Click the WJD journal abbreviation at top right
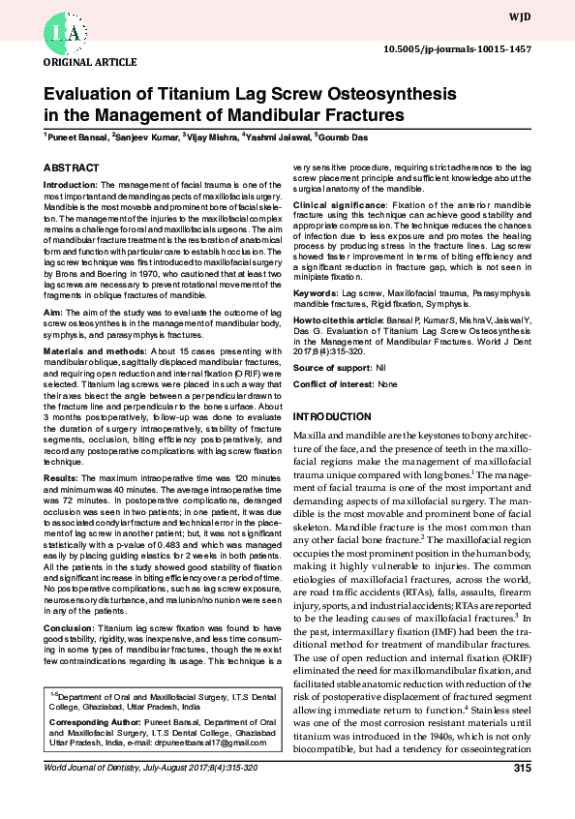(x=544, y=16)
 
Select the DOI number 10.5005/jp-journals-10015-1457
(x=471, y=47)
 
